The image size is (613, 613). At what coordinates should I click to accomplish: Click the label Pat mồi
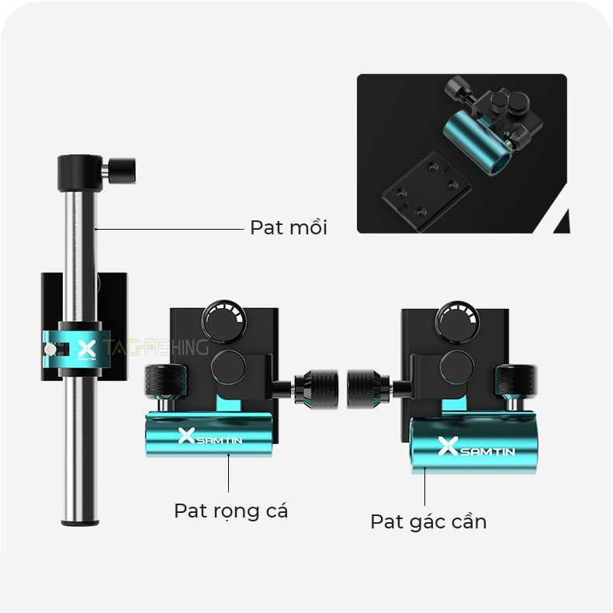(288, 227)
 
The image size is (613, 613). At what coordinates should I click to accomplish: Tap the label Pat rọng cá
(230, 511)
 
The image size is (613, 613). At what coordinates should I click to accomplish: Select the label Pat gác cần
(428, 521)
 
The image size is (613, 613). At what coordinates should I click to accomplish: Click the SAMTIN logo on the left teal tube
(210, 437)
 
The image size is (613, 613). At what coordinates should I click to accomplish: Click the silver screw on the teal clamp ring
(50, 350)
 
